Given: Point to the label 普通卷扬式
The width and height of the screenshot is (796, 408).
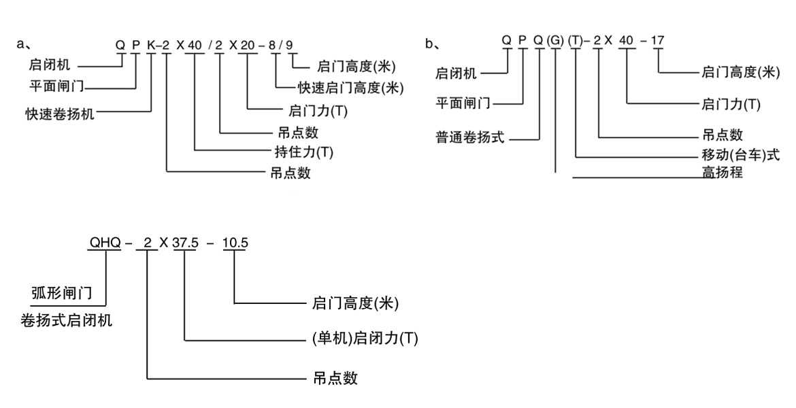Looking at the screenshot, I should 470,137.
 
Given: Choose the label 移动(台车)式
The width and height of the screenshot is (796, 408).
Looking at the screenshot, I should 741,155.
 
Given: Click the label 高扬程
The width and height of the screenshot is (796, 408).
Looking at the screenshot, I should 722,173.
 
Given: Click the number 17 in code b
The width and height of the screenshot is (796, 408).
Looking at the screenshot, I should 657,40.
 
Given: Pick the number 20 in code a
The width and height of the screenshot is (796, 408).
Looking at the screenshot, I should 246,46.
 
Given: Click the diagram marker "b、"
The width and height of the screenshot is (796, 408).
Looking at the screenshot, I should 432,45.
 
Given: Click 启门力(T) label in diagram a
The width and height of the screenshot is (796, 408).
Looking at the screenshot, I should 318,111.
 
